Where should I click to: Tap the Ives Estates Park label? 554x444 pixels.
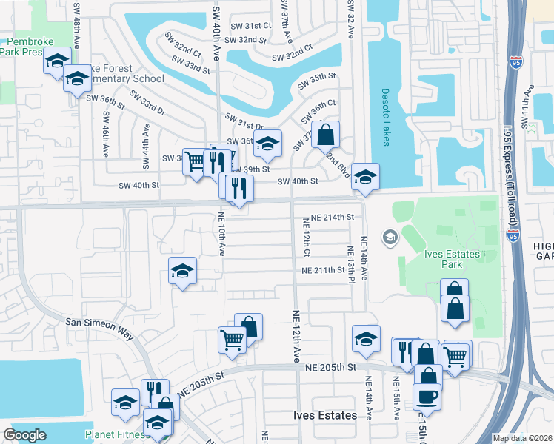451,260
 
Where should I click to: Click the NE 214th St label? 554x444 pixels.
333,217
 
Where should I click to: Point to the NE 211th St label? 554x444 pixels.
324,271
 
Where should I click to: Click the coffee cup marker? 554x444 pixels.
427,397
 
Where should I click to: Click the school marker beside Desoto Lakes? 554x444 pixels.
365,177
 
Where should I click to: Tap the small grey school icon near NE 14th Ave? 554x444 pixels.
388,238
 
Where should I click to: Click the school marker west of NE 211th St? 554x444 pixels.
182,271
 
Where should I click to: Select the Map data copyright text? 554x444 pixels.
523,438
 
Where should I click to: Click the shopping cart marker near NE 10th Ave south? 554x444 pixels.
232,339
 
